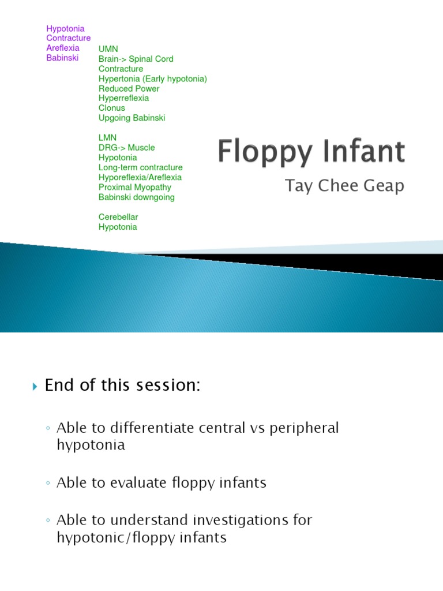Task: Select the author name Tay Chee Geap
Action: point(345,186)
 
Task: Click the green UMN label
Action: point(108,49)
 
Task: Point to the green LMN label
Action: point(107,138)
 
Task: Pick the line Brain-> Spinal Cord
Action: point(136,59)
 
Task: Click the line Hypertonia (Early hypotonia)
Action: point(152,78)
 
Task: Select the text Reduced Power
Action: point(129,88)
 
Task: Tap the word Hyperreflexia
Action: point(123,98)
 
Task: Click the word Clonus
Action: point(111,108)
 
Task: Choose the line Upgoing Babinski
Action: point(132,118)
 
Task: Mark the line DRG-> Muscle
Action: point(126,148)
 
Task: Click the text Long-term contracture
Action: point(140,167)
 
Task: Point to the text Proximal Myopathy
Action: point(134,187)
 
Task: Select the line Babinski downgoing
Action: point(136,197)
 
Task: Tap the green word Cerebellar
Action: point(118,217)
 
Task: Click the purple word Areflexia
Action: point(62,48)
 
